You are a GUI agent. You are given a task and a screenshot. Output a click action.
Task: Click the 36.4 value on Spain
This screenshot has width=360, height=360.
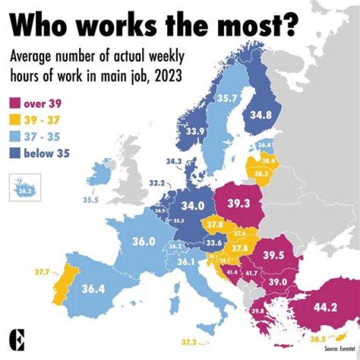click(93, 288)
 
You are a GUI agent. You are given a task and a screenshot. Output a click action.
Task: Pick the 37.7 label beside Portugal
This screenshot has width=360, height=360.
click(42, 272)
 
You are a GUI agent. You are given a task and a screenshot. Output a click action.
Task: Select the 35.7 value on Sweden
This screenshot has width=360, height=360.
click(226, 99)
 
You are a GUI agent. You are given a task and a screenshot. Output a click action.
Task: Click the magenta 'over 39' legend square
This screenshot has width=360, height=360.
click(15, 104)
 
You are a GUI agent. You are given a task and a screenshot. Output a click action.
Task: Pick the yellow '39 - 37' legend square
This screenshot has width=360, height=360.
click(15, 120)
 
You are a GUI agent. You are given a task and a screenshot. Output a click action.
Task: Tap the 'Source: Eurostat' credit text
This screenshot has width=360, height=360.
click(338, 347)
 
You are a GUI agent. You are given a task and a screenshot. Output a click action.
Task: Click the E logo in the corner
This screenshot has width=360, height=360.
click(19, 339)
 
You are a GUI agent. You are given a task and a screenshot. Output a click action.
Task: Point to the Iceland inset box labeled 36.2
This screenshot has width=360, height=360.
click(24, 186)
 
